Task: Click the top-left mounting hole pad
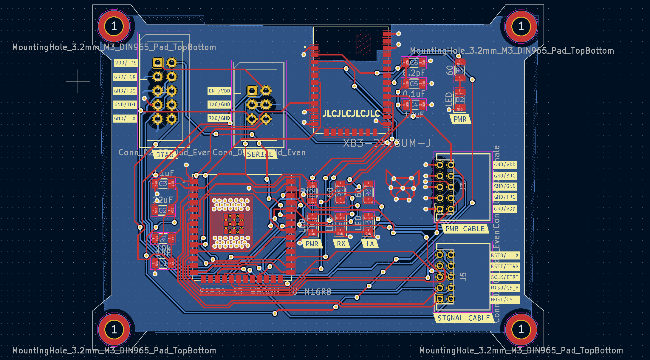click(x=114, y=26)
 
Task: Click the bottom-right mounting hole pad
click(x=521, y=329)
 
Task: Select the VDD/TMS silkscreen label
click(x=126, y=63)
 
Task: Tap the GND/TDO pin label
click(x=125, y=91)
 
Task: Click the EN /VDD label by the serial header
click(x=219, y=91)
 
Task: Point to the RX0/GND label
click(x=219, y=118)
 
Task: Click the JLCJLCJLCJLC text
click(x=351, y=113)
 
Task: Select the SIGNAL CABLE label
click(x=463, y=318)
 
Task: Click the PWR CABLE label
click(x=465, y=229)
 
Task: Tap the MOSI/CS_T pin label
click(x=505, y=299)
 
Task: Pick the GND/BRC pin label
click(x=504, y=176)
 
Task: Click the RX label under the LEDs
click(x=341, y=244)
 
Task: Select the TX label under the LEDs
click(x=370, y=244)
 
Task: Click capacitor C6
click(x=414, y=63)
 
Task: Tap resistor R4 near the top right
click(x=459, y=71)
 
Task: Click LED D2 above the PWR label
click(x=459, y=100)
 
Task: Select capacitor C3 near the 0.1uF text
click(x=163, y=183)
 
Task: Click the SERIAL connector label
click(x=260, y=154)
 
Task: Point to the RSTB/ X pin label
click(x=505, y=255)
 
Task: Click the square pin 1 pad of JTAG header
click(x=158, y=63)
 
